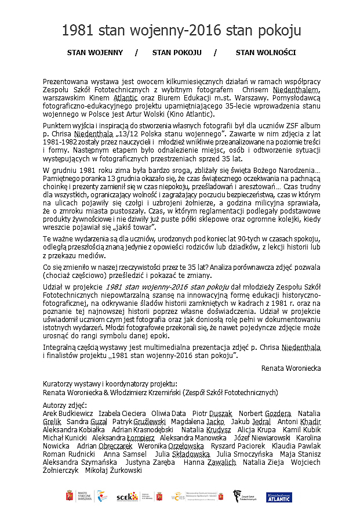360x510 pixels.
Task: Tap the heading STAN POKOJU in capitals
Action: [177, 53]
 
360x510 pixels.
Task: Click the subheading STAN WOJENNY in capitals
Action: [95, 53]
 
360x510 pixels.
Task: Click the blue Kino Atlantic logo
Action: [279, 497]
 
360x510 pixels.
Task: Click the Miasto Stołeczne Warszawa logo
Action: [75, 497]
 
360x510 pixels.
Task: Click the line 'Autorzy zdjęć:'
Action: [65, 404]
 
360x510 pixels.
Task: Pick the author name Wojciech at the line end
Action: [305, 462]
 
